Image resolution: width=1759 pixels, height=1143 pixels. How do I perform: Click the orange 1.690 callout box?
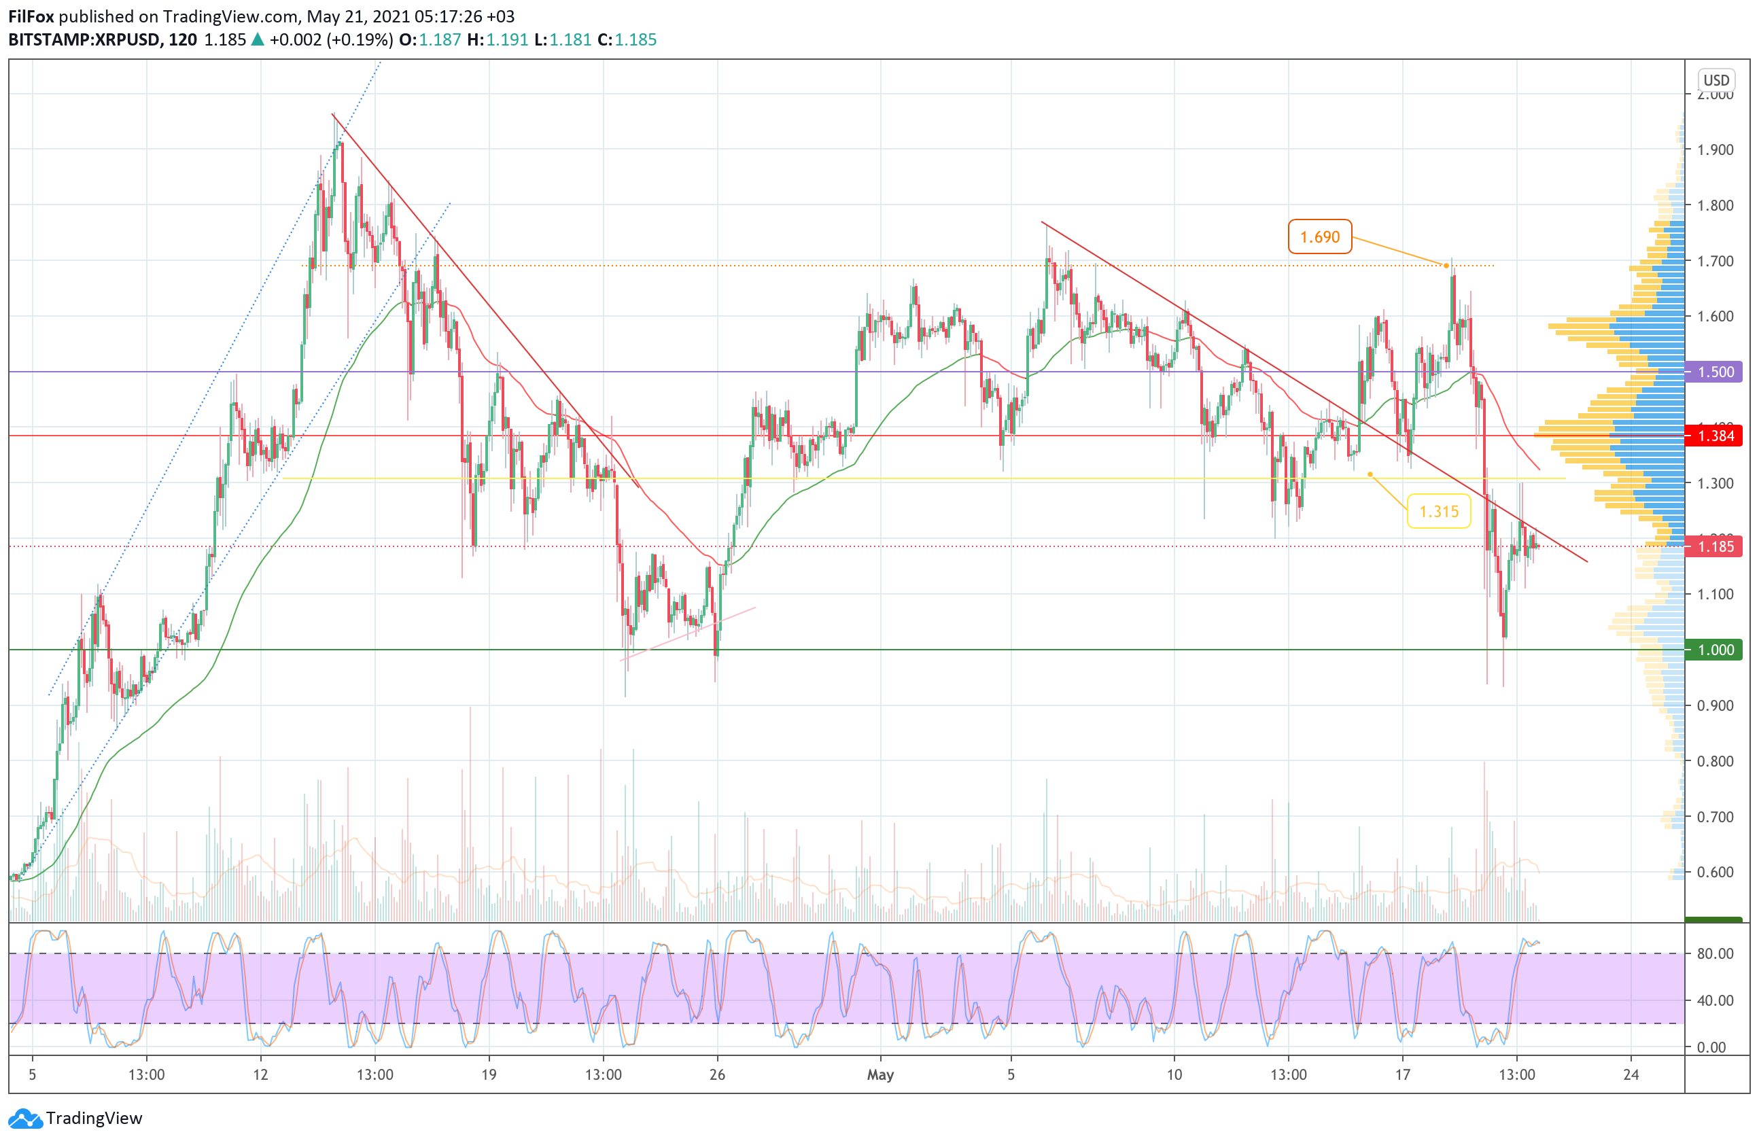point(1319,236)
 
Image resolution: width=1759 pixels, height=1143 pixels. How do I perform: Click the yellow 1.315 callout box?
point(1438,511)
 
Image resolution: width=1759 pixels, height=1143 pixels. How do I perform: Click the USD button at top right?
point(1716,80)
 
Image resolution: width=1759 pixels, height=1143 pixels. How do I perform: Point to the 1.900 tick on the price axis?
point(1716,150)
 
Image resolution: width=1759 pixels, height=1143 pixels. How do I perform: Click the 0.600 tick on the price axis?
point(1716,872)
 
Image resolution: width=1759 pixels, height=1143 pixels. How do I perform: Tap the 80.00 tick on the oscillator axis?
point(1716,953)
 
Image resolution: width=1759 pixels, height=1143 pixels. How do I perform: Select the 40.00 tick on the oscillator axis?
point(1716,1000)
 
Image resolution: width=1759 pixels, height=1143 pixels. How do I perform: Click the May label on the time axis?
point(880,1074)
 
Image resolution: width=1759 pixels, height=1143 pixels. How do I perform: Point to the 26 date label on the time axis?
point(717,1074)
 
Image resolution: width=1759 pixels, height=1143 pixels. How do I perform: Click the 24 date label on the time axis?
point(1631,1074)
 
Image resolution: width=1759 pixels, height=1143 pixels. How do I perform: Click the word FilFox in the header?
point(31,16)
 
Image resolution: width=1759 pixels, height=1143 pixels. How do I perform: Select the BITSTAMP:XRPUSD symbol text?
point(84,40)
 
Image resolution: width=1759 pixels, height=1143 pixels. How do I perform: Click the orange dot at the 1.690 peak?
point(1446,265)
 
